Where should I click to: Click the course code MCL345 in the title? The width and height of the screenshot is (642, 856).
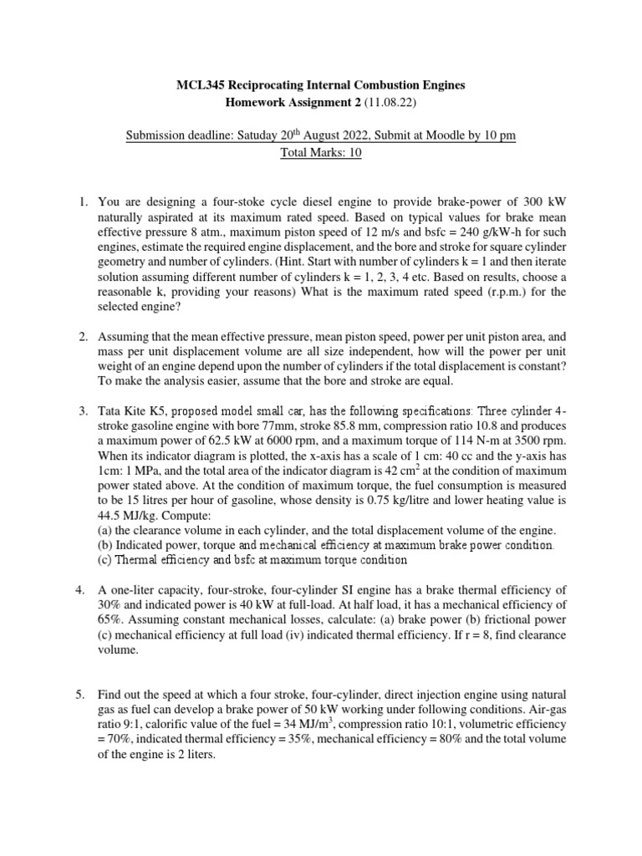(x=201, y=85)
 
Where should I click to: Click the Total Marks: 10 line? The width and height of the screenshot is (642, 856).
(x=320, y=153)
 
